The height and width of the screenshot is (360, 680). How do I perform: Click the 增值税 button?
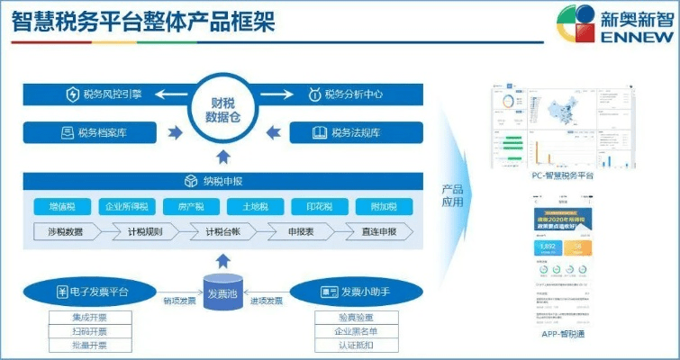tap(66, 206)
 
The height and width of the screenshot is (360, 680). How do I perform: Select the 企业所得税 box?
tap(128, 206)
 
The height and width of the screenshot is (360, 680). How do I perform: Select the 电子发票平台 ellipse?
tap(93, 292)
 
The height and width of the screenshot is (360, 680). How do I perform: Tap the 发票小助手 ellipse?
tap(354, 292)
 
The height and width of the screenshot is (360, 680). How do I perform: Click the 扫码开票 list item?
tap(89, 331)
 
